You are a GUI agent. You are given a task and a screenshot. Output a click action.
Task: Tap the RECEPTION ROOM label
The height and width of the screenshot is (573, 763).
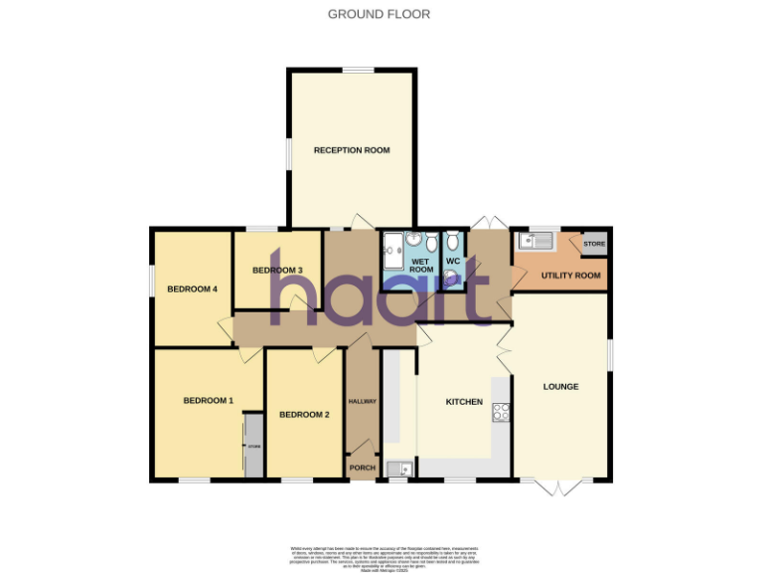[x=352, y=150]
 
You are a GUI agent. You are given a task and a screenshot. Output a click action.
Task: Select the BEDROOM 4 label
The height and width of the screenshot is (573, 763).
[x=192, y=289]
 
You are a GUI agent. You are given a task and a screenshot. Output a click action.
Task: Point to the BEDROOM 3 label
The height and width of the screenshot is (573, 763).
[x=277, y=271]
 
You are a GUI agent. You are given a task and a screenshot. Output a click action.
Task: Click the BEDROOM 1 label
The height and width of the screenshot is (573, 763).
[x=208, y=401]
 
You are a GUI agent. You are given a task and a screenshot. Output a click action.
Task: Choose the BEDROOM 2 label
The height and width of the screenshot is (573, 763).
[x=304, y=414]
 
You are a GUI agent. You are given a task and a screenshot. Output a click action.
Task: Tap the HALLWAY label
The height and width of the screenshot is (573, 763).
[x=362, y=401]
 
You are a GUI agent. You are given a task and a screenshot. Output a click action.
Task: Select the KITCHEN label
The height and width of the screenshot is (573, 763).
[x=464, y=402]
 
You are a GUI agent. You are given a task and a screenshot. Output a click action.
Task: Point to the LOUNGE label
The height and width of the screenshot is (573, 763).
[x=560, y=386]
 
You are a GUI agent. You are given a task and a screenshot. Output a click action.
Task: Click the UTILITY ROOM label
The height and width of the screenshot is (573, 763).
[x=571, y=276]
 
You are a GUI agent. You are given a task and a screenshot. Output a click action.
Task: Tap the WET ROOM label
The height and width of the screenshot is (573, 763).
[x=422, y=266]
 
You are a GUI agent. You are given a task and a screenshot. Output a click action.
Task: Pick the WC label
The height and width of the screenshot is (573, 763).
[x=453, y=262]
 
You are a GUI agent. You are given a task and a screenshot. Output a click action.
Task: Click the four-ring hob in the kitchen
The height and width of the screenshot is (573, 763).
[x=501, y=413]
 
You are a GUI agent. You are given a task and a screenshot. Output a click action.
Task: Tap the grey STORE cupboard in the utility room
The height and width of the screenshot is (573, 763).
[x=594, y=244]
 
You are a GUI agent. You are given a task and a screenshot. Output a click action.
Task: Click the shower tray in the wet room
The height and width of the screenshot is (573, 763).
[x=394, y=252]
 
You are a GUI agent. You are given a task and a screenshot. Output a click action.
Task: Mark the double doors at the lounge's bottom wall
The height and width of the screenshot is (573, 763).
[x=560, y=485]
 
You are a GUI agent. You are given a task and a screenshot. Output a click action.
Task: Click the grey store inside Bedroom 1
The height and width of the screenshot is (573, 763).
[x=253, y=446]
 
